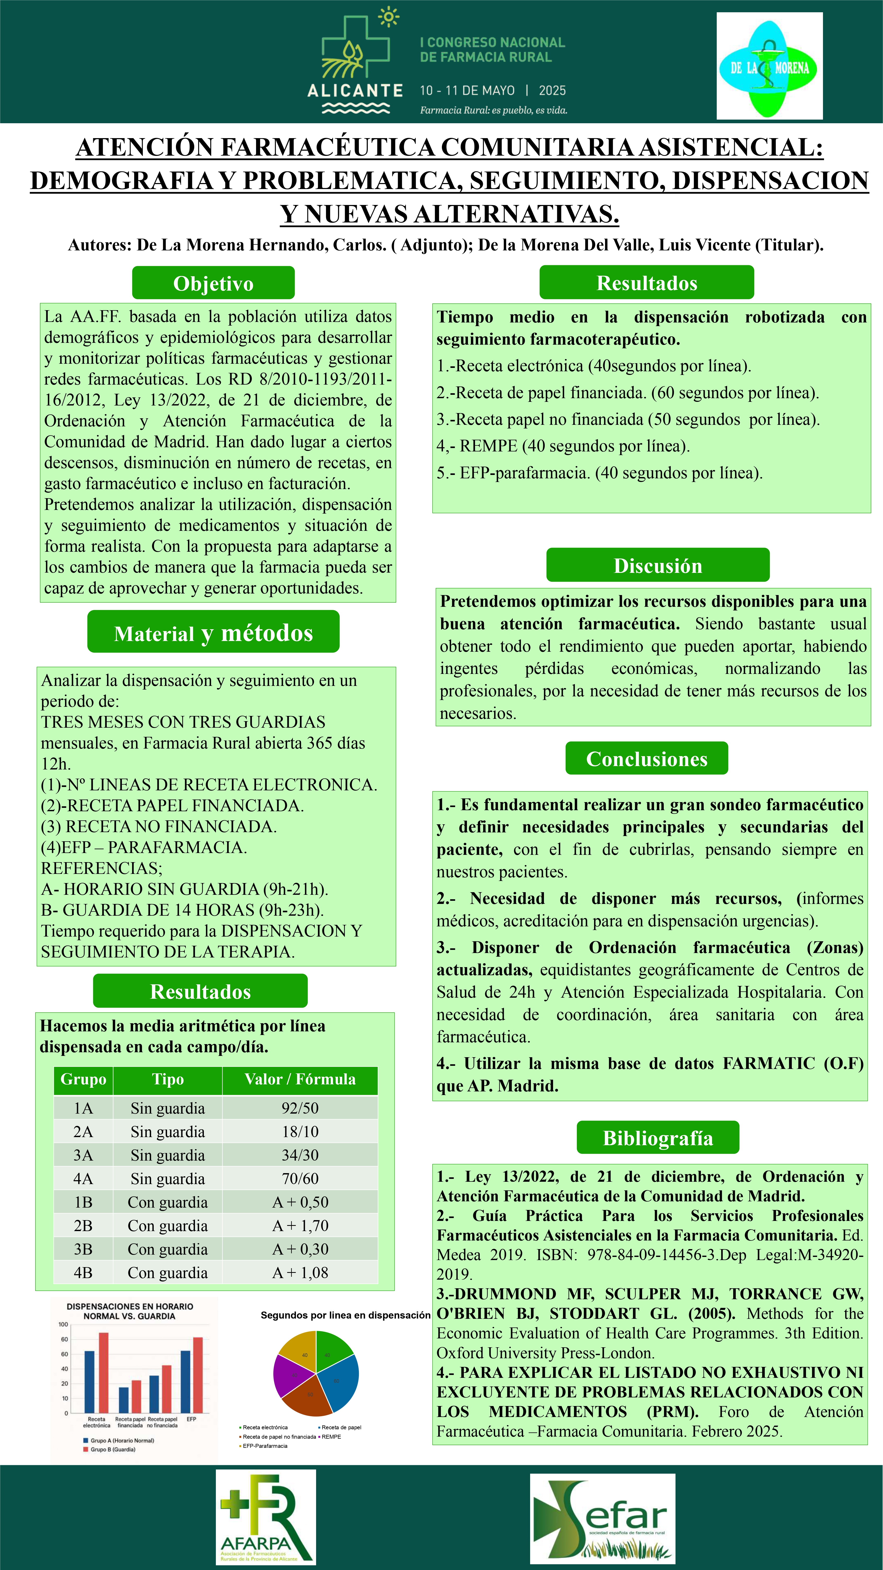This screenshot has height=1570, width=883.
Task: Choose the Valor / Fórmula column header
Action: click(x=300, y=1079)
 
